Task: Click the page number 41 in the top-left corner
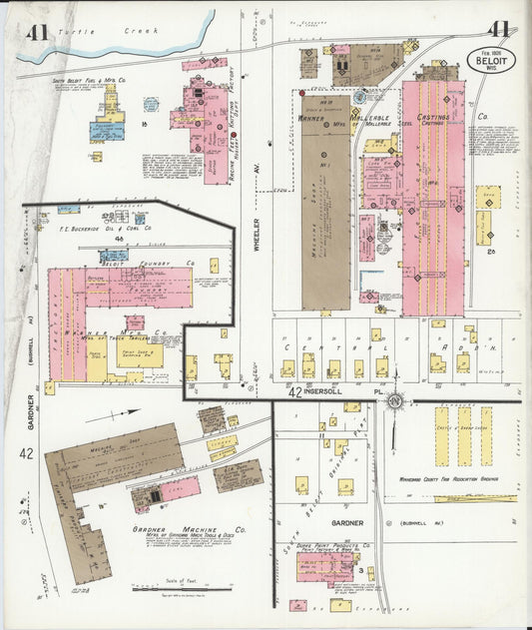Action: coord(38,32)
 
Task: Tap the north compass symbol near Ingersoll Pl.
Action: coord(396,401)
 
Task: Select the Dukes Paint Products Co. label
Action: coord(338,545)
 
